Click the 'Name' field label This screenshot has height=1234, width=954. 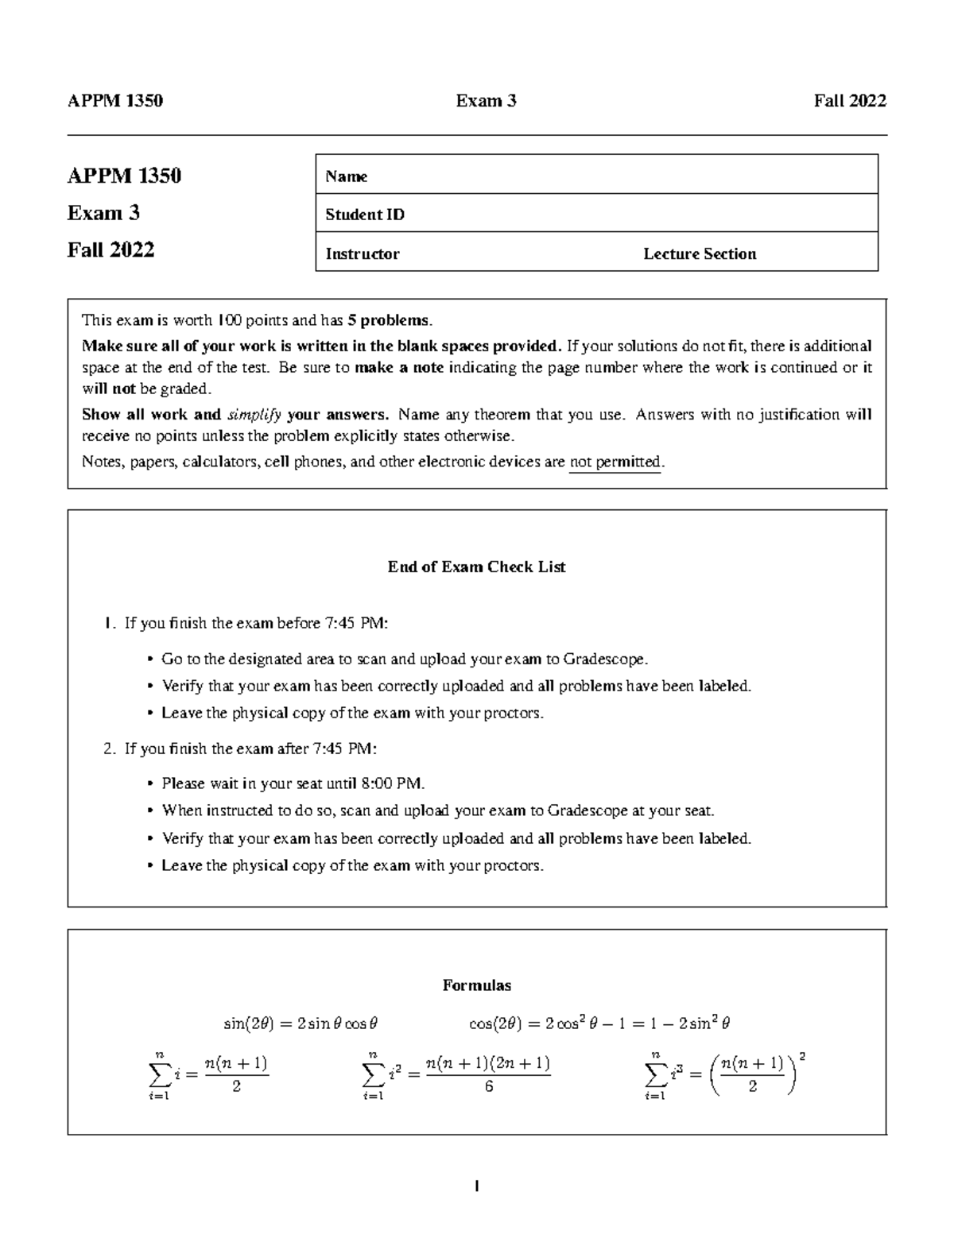[x=346, y=176]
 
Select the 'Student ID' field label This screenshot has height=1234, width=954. [x=365, y=215]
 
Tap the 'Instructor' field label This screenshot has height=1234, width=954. [x=362, y=253]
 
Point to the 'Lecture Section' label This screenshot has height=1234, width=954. [x=700, y=253]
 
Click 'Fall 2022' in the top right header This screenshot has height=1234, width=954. [x=849, y=100]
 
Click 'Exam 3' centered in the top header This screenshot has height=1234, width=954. [x=486, y=100]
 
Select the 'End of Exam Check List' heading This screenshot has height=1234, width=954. [x=476, y=567]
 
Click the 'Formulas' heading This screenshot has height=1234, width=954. [x=476, y=985]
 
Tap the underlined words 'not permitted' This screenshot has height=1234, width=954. [x=615, y=462]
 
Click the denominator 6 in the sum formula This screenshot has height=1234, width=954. [x=488, y=1086]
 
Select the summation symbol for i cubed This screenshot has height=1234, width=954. [x=656, y=1074]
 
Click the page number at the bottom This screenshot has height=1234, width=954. [x=476, y=1186]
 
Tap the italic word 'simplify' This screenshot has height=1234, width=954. [x=254, y=414]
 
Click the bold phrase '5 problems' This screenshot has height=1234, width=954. [x=390, y=320]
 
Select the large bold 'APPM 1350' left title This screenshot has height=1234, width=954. [x=124, y=176]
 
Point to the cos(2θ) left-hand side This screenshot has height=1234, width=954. [x=494, y=1023]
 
